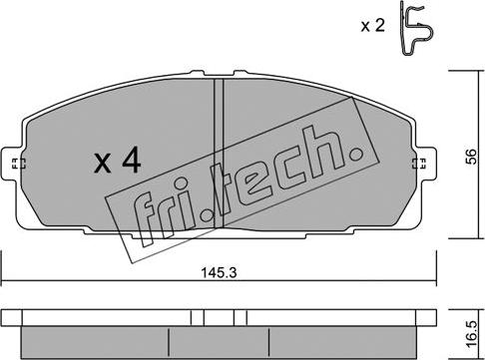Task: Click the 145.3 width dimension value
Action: [219, 273]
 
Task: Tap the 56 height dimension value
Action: [471, 157]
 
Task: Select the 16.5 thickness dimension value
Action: [471, 334]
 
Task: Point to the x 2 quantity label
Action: [373, 25]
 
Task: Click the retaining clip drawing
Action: [416, 28]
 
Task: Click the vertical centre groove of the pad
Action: [219, 154]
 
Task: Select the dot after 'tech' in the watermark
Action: [357, 155]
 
